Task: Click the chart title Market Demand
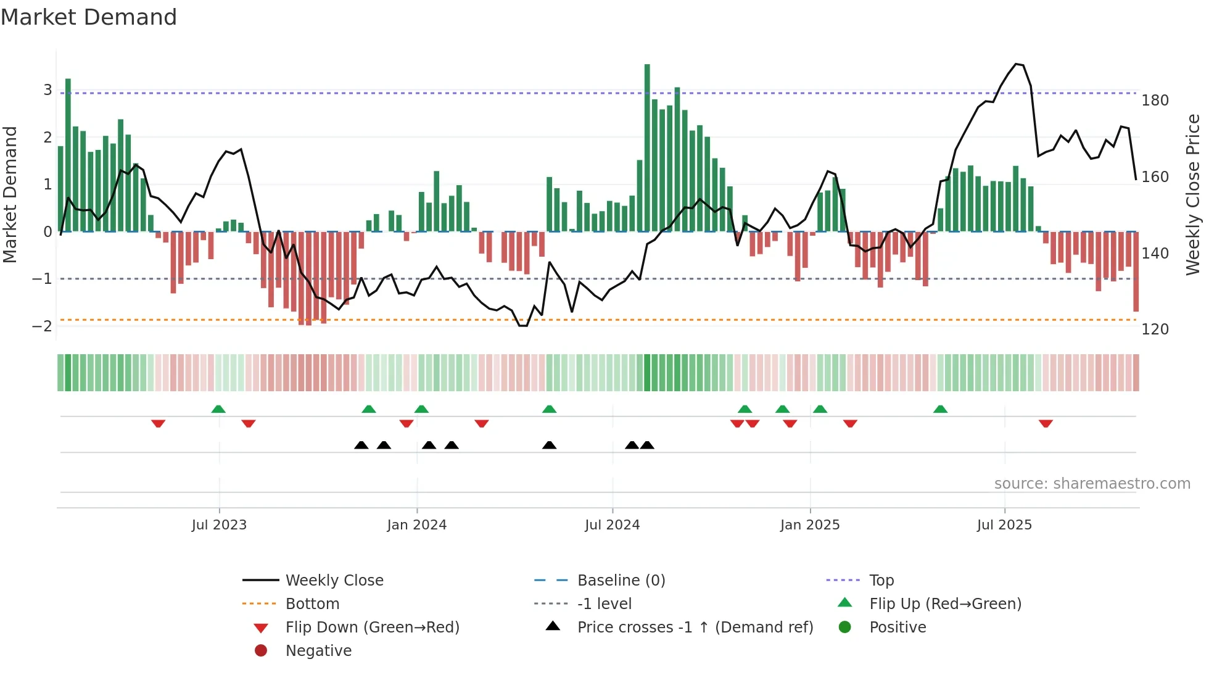click(x=89, y=17)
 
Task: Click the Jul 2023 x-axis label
click(x=219, y=525)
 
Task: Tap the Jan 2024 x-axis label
click(x=416, y=525)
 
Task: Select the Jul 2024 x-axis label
click(x=612, y=525)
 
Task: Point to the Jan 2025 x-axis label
click(x=809, y=525)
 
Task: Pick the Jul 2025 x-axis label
click(x=1004, y=525)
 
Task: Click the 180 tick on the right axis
click(x=1155, y=101)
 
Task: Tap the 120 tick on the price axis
click(x=1155, y=330)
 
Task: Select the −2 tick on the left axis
click(x=42, y=326)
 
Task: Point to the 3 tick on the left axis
click(x=47, y=90)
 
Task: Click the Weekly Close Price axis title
click(x=1194, y=194)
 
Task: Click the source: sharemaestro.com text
click(x=1092, y=484)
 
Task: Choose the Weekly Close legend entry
click(x=334, y=581)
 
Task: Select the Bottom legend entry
click(x=312, y=604)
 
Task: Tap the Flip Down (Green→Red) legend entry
click(x=372, y=628)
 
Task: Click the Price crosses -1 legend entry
click(x=695, y=628)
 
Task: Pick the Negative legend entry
click(x=318, y=651)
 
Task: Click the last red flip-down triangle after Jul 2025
click(x=1046, y=423)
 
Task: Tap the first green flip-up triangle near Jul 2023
click(x=218, y=409)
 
